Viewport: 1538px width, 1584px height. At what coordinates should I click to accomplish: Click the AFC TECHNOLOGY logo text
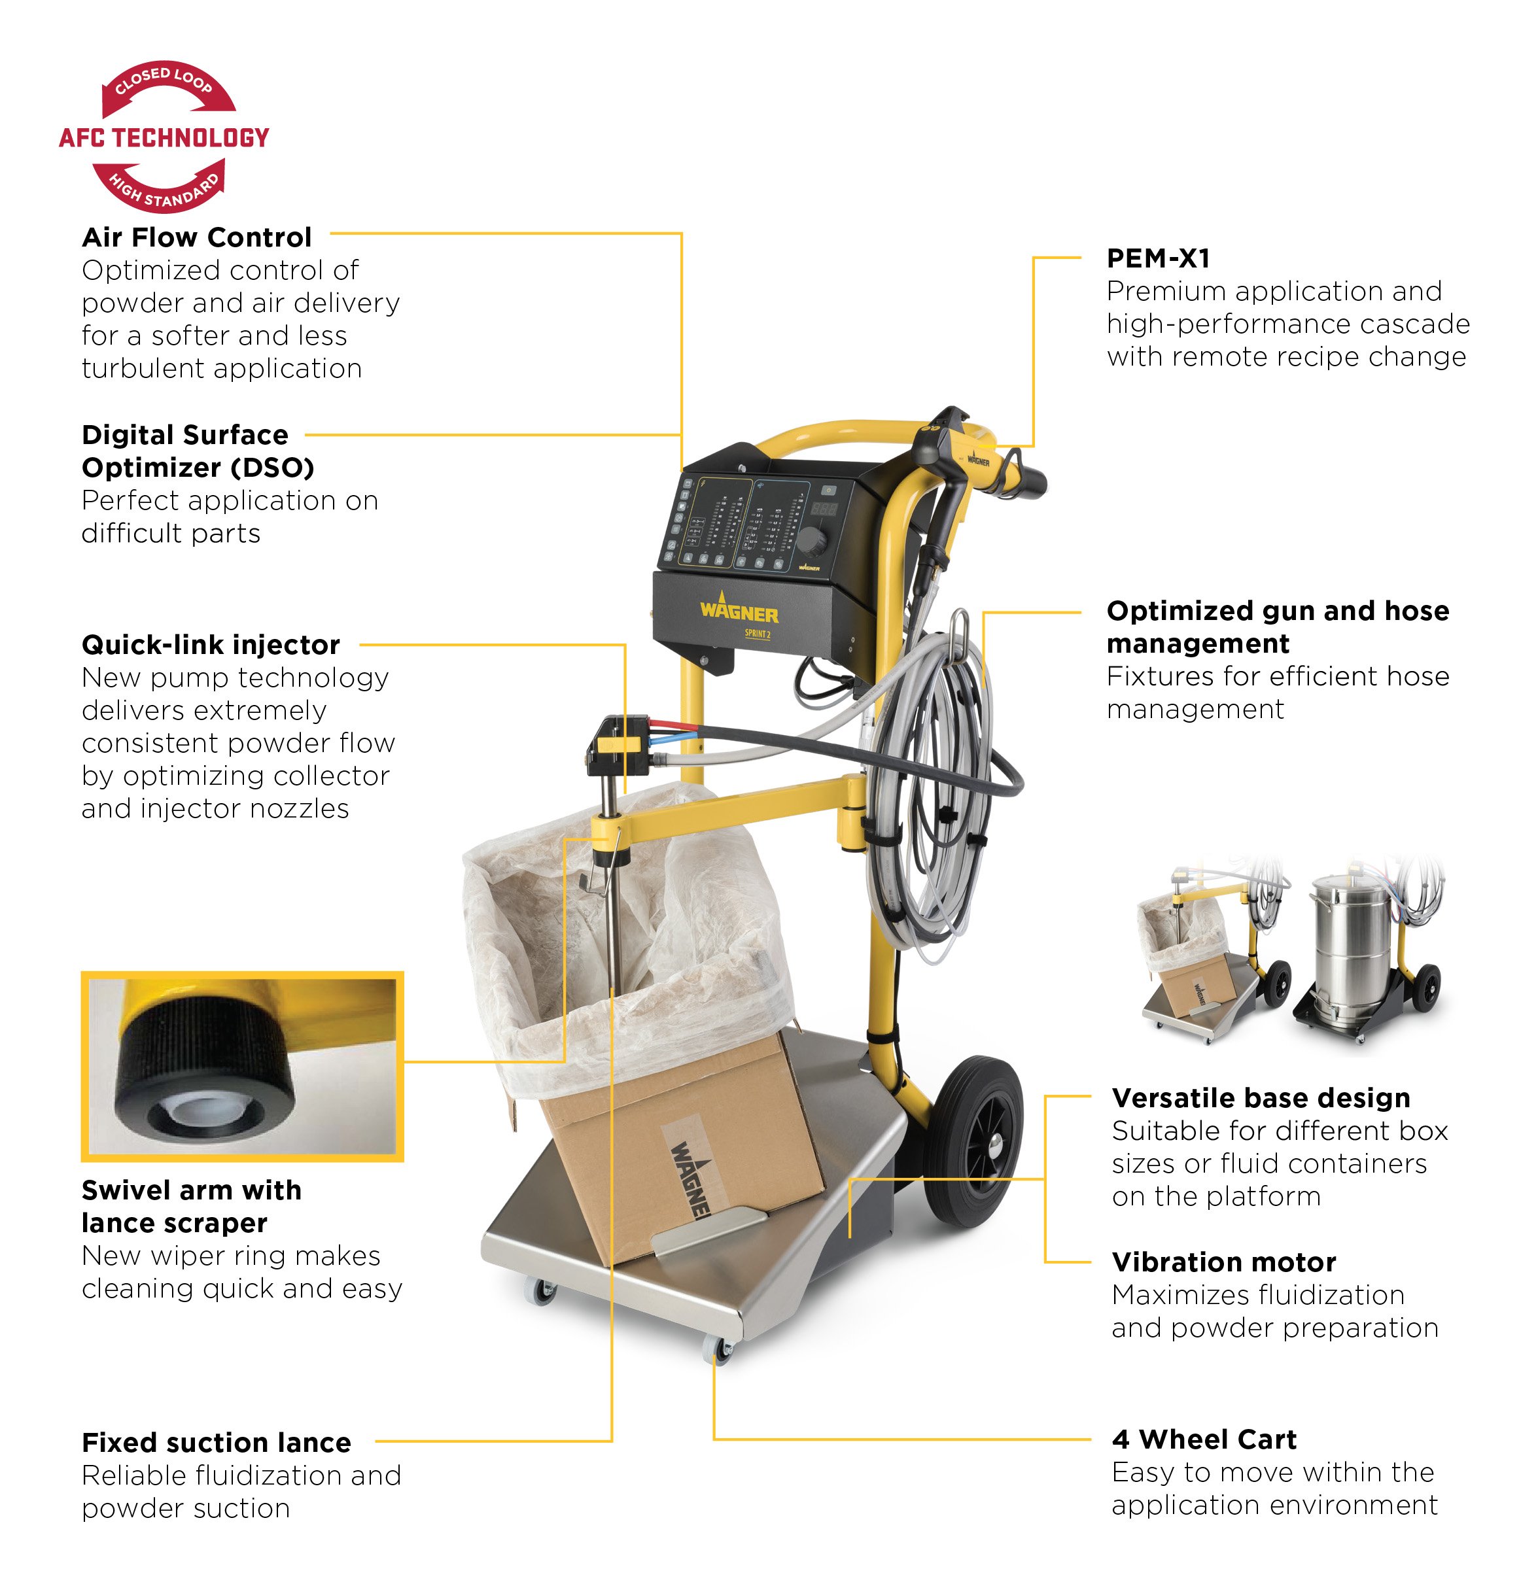[x=164, y=138]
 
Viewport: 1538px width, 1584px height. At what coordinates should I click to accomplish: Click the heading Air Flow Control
[x=196, y=237]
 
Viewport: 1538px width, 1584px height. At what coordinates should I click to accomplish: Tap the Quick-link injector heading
[x=211, y=645]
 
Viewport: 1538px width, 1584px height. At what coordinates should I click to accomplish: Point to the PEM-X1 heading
[x=1158, y=258]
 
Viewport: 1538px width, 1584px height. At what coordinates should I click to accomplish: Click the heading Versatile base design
[x=1261, y=1098]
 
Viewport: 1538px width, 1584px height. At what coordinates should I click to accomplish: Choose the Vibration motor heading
[x=1223, y=1262]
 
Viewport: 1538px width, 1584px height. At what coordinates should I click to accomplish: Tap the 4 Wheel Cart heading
[x=1204, y=1439]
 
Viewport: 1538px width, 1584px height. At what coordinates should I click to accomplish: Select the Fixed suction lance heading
[x=217, y=1443]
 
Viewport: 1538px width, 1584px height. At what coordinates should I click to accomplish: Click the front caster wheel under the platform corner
[x=718, y=1349]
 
